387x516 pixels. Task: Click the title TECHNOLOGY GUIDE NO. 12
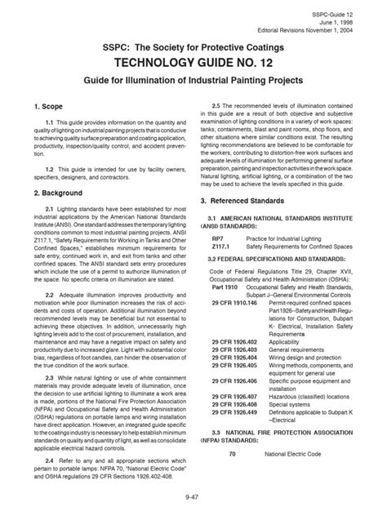(x=193, y=60)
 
